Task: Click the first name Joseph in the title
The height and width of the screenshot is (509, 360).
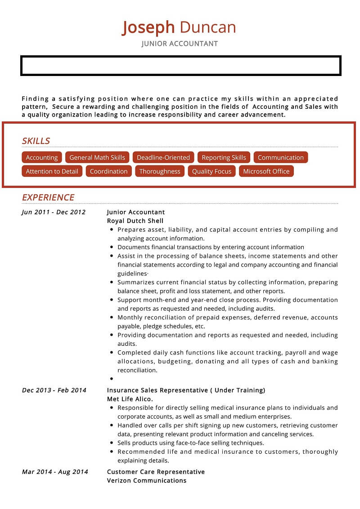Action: click(148, 27)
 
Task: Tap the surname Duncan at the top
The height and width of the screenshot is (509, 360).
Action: click(207, 27)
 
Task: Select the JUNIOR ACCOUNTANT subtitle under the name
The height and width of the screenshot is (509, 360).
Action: click(180, 44)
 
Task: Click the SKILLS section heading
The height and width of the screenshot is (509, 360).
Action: click(36, 141)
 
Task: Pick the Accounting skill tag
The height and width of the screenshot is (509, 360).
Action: click(42, 157)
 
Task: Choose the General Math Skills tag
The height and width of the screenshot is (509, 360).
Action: click(97, 157)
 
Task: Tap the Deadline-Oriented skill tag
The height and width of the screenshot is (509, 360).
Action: click(163, 157)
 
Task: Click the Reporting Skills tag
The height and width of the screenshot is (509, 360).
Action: click(224, 157)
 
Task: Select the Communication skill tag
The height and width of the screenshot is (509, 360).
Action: click(281, 157)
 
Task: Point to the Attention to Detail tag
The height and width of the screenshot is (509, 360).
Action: click(52, 171)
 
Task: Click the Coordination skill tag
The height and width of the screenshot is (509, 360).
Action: click(108, 171)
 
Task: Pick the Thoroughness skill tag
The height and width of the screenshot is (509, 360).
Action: click(160, 171)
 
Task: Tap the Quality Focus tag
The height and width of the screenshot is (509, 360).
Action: click(211, 171)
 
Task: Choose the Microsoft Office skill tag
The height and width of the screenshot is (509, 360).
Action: click(266, 171)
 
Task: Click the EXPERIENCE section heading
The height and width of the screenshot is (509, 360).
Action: click(48, 197)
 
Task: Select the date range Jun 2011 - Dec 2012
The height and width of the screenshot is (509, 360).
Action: click(54, 212)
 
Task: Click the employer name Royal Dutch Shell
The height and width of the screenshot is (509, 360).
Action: click(135, 221)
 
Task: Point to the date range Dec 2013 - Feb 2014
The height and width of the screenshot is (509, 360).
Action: click(54, 390)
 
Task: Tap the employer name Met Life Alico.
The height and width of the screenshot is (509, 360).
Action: click(130, 399)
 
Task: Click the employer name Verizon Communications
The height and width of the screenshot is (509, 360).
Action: click(147, 480)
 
